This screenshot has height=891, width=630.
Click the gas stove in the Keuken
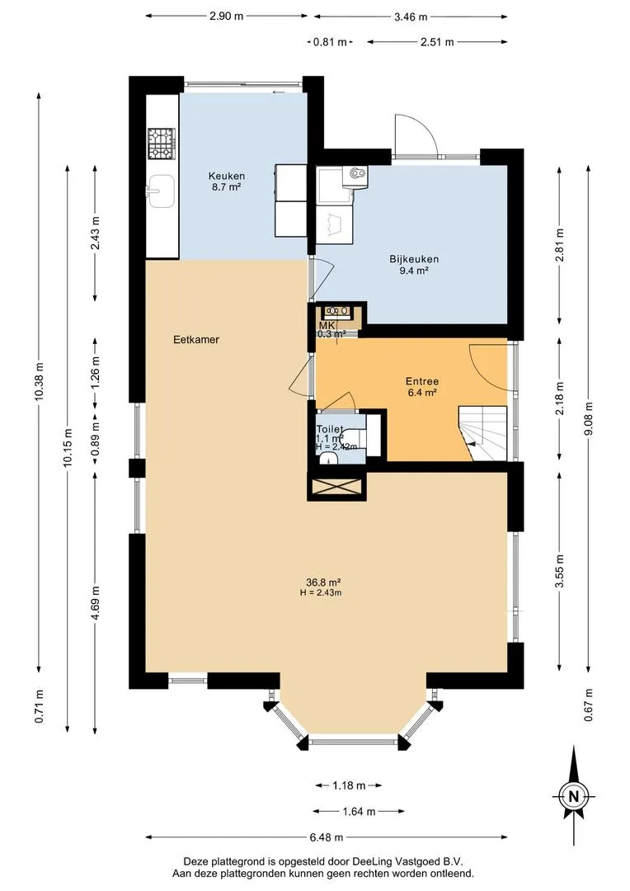pyautogui.click(x=162, y=144)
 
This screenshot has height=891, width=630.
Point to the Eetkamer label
pyautogui.click(x=196, y=340)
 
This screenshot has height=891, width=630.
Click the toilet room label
pyautogui.click(x=330, y=430)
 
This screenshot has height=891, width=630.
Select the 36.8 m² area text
pyautogui.click(x=323, y=582)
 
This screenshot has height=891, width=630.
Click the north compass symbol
pyautogui.click(x=574, y=796)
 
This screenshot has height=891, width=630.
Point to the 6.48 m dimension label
pyautogui.click(x=327, y=837)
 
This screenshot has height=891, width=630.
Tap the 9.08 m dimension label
pyautogui.click(x=589, y=419)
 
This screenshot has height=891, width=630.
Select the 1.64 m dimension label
pyautogui.click(x=359, y=812)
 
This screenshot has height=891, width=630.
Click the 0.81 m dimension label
pyautogui.click(x=330, y=42)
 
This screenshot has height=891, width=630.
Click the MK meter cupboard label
pyautogui.click(x=327, y=325)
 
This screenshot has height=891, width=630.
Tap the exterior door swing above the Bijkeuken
pyautogui.click(x=416, y=134)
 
